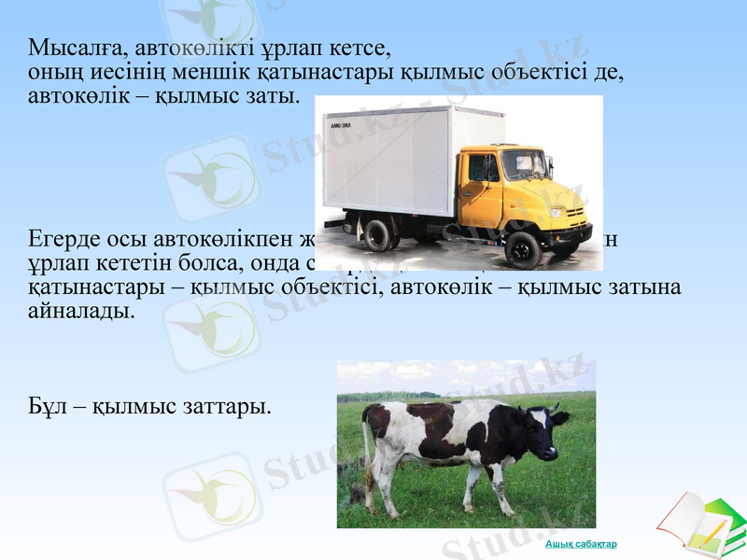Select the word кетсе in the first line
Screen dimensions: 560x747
(x=359, y=48)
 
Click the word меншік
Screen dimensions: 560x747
(x=192, y=72)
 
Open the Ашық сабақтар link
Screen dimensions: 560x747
(x=581, y=544)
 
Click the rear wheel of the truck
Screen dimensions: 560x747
(x=377, y=234)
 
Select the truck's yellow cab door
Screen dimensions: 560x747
(x=482, y=182)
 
